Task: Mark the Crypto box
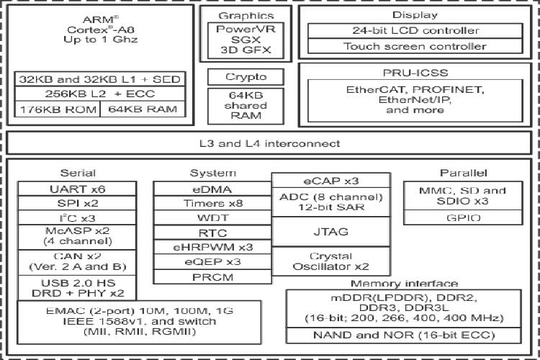point(246,77)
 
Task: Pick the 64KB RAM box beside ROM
point(144,109)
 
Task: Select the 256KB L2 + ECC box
point(101,94)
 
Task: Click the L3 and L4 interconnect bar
point(269,143)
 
